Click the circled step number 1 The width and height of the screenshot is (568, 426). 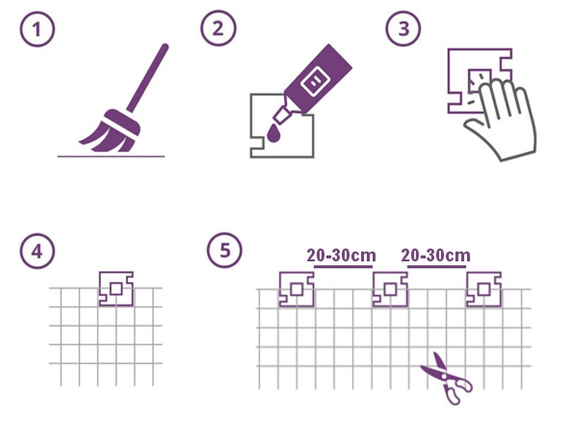tap(37, 29)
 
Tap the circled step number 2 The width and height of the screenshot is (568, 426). tap(218, 28)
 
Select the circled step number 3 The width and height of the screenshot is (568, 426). tap(403, 28)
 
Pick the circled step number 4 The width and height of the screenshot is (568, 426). tap(37, 251)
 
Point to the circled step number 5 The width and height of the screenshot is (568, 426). tap(225, 250)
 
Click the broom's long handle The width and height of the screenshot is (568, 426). tap(148, 78)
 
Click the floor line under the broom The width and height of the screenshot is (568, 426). tap(111, 156)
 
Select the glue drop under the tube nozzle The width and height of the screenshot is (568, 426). tap(273, 133)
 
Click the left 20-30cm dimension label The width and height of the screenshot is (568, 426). tap(341, 256)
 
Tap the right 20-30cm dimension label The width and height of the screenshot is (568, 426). tap(436, 256)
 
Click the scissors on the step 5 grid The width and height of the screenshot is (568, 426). tap(447, 378)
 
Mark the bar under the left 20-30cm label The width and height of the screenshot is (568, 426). tap(343, 267)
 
